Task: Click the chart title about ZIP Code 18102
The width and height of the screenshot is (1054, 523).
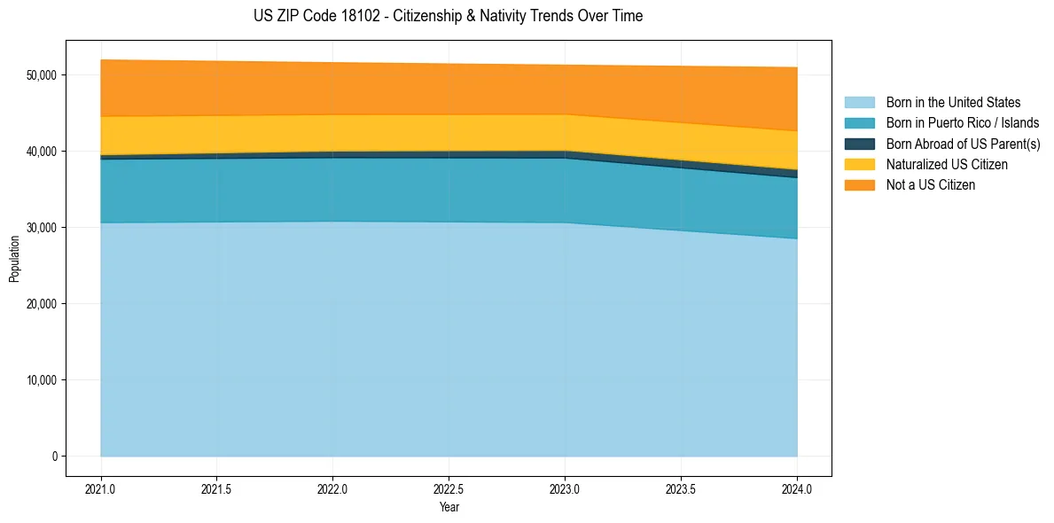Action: (x=449, y=16)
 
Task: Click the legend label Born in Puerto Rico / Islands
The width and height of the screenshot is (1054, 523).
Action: (x=963, y=123)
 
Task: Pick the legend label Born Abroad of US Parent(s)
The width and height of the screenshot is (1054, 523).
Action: (x=963, y=144)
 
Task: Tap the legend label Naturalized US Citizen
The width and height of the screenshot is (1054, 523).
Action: (x=947, y=165)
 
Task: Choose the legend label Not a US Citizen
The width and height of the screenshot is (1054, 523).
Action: (x=931, y=185)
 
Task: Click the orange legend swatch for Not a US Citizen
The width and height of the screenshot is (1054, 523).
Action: (x=859, y=185)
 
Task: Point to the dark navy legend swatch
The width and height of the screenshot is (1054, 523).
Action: (x=859, y=144)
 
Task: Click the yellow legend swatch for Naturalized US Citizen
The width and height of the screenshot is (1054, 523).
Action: (x=859, y=165)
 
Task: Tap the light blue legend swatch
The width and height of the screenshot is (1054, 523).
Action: (x=859, y=103)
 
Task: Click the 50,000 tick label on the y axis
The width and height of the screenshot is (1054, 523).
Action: (x=42, y=75)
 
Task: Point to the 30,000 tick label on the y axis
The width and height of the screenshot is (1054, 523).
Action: (x=42, y=228)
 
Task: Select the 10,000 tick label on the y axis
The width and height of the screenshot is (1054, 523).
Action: (x=42, y=380)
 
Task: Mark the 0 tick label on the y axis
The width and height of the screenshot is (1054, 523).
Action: (x=54, y=457)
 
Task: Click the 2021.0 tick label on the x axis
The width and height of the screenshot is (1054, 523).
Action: (x=101, y=488)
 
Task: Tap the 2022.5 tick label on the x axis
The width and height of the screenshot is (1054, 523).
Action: (x=449, y=488)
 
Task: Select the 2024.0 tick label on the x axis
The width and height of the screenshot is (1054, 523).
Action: (x=797, y=488)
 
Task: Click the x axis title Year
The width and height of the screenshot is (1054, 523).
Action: (x=449, y=507)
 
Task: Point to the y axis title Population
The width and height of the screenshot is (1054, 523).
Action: (x=14, y=259)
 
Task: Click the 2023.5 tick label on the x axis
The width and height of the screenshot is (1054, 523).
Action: (x=681, y=488)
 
